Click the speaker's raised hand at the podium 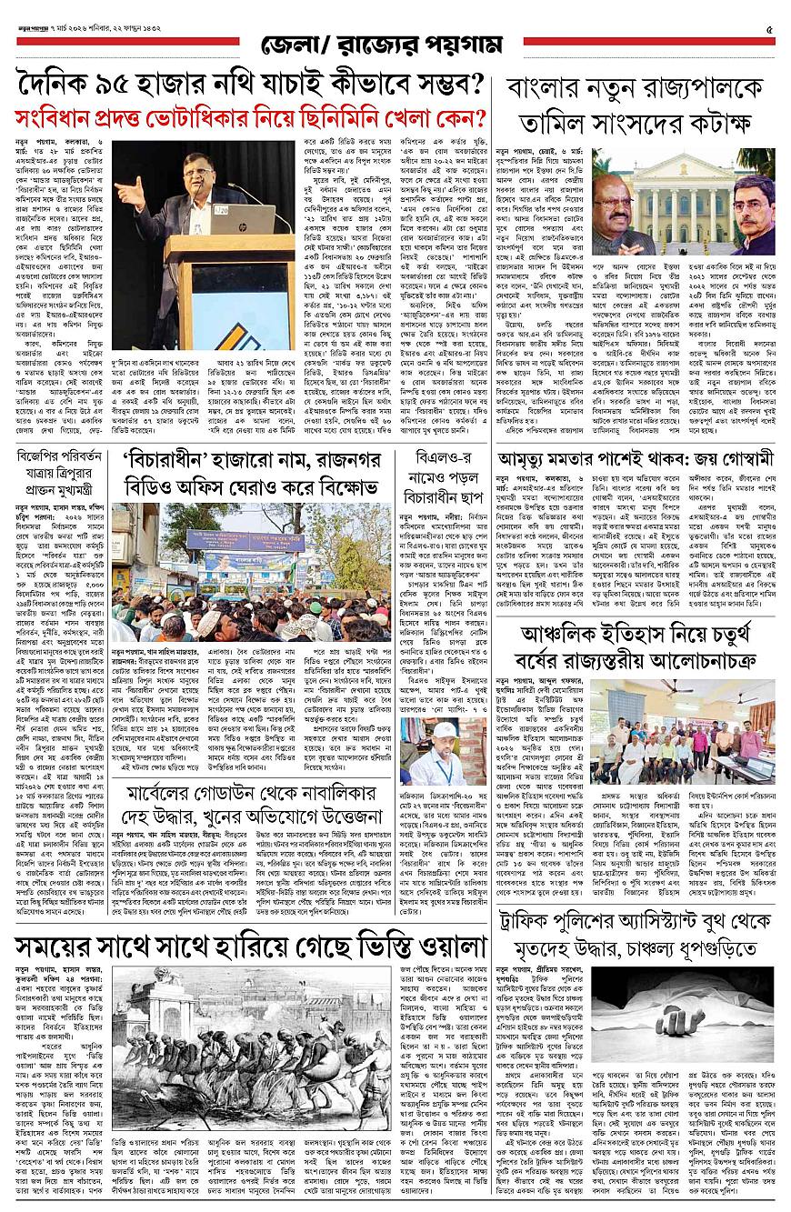point(125,194)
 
